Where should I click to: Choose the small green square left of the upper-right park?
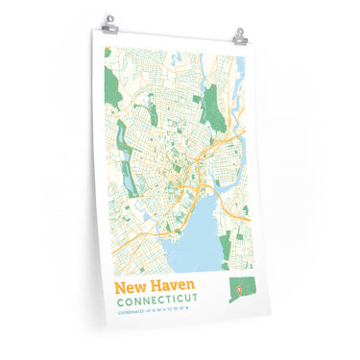point(202,96)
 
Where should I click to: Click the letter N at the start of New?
point(121,288)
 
